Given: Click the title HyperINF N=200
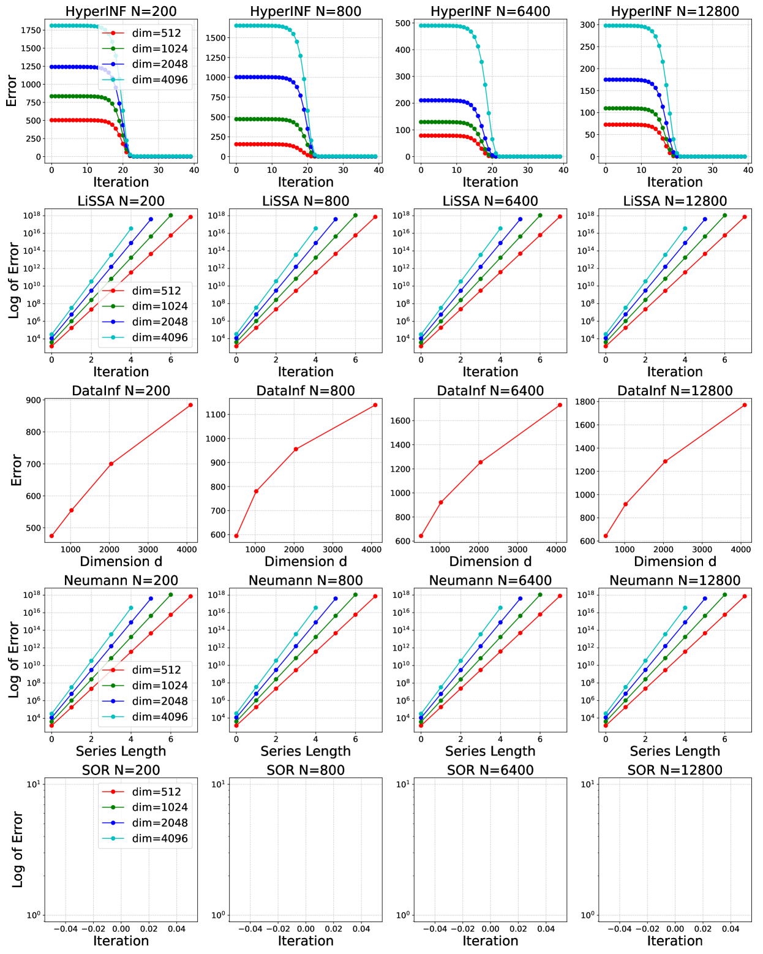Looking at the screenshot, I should click(x=121, y=11).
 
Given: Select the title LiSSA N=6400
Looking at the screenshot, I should click(x=490, y=201).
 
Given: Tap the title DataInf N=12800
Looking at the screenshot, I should click(x=675, y=391).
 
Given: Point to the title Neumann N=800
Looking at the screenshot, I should click(x=306, y=580).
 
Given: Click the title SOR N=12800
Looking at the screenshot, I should click(x=675, y=770).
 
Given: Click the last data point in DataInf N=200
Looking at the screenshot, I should click(x=190, y=405).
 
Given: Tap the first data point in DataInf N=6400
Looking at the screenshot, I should click(x=421, y=536).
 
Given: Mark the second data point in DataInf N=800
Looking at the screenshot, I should click(x=256, y=491).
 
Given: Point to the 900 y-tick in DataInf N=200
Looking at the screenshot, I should click(x=33, y=401).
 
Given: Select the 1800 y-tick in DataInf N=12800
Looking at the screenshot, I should click(x=587, y=402).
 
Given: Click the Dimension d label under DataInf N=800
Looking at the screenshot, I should click(x=306, y=561).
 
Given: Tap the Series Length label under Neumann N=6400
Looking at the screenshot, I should click(x=490, y=751).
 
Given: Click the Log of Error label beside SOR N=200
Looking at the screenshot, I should click(x=17, y=849).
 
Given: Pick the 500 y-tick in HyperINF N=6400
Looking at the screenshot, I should click(x=403, y=23).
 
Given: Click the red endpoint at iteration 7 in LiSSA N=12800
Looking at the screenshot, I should click(x=745, y=217).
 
